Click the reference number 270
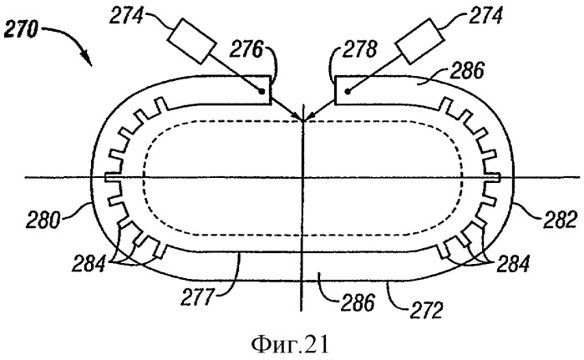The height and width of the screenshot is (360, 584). click(x=21, y=29)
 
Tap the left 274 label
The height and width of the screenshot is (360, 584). click(x=127, y=16)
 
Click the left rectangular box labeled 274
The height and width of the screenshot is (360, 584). click(x=192, y=40)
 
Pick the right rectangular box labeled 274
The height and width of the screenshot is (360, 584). click(x=419, y=42)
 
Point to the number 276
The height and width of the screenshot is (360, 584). click(x=246, y=49)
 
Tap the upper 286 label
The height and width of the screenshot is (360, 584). click(x=466, y=70)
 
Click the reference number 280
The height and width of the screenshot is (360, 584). click(x=43, y=220)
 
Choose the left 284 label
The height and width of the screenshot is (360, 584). click(x=89, y=263)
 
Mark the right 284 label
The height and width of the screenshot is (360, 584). click(x=512, y=263)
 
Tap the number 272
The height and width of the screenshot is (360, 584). click(x=426, y=310)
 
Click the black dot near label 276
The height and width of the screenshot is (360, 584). click(x=262, y=91)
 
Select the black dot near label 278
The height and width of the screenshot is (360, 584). click(x=348, y=90)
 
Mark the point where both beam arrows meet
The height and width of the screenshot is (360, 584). click(x=303, y=120)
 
